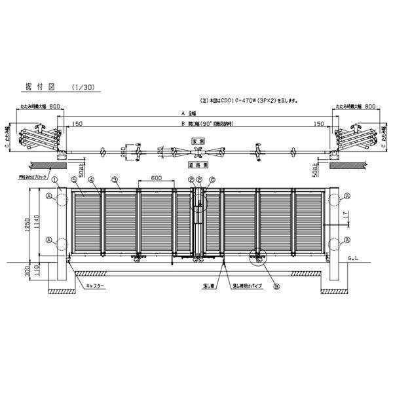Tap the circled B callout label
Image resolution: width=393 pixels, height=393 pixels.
coord(276,286)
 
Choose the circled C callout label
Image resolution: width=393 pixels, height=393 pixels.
coord(213,179)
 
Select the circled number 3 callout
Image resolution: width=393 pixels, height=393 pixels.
coord(114,179)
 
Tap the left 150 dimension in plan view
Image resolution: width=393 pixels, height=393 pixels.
coord(78,123)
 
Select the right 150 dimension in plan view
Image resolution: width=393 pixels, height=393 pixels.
coord(319,123)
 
